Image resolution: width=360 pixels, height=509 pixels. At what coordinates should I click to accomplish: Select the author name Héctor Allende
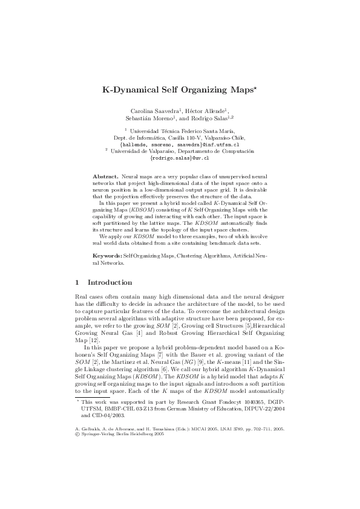[208, 111]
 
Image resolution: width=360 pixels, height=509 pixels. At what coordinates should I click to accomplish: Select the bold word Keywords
[106, 257]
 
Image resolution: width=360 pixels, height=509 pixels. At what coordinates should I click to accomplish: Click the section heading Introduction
[110, 282]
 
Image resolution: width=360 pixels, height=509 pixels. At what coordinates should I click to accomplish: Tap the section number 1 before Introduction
[77, 282]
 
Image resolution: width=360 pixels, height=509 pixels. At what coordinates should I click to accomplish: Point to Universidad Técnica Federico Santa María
[183, 130]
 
